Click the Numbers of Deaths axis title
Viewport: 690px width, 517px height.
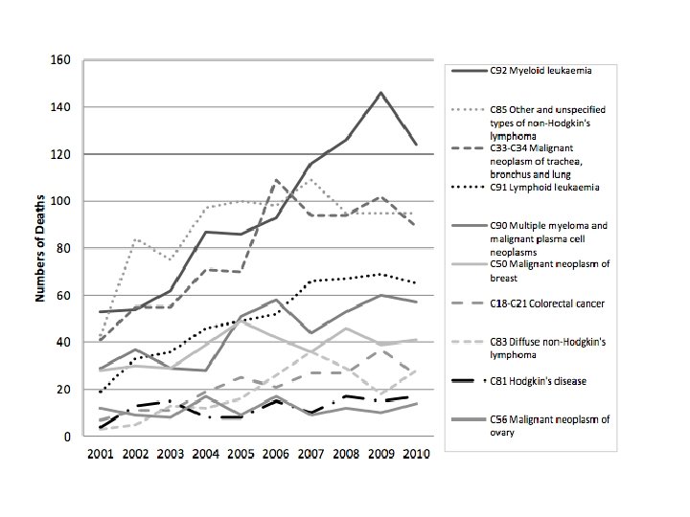(x=42, y=248)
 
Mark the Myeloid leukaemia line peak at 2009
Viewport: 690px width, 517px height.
(x=380, y=93)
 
